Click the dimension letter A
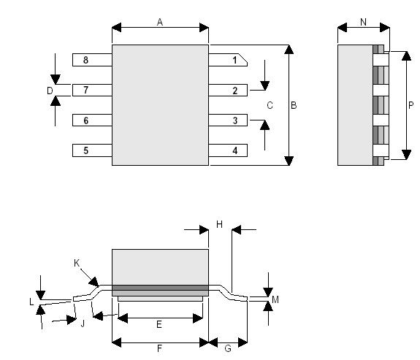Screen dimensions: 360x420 coord(160,22)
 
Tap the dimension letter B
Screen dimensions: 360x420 coord(294,105)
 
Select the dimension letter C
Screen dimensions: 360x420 coord(270,105)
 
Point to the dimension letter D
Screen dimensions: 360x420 coord(50,91)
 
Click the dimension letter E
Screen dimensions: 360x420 coord(159,323)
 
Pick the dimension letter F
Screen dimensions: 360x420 coord(159,348)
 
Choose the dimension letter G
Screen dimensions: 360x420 coord(228,348)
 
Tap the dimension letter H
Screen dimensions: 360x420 coord(219,224)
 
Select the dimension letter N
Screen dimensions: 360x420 coord(363,22)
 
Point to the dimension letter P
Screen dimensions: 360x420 coord(411,105)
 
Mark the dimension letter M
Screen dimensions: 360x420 coord(275,299)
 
